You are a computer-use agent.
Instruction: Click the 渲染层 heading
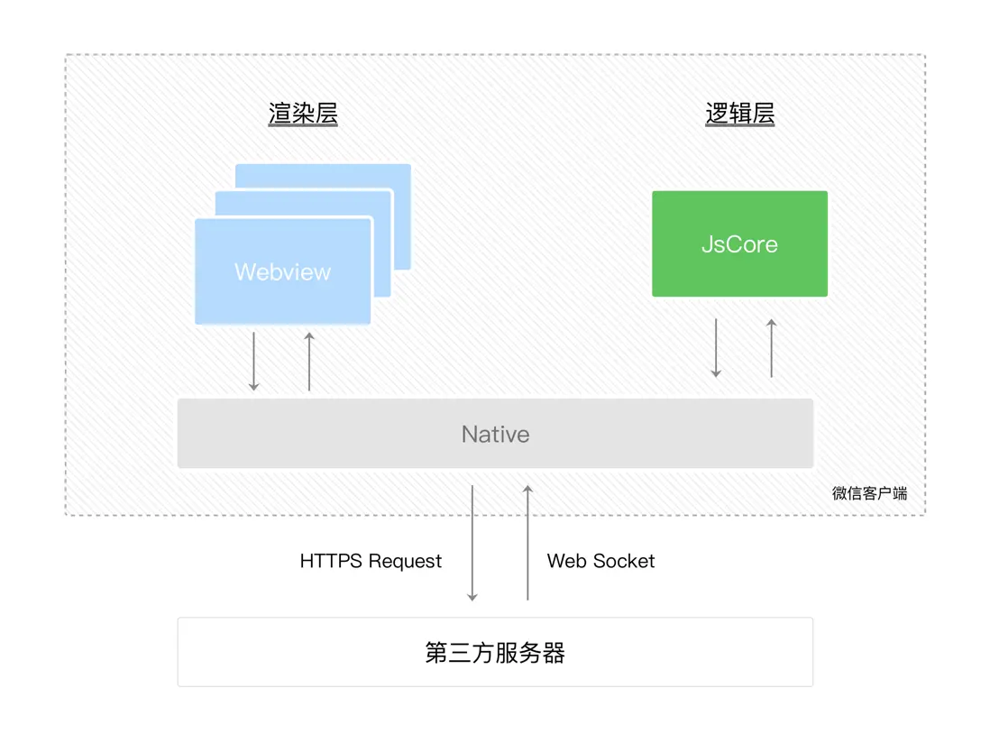(303, 114)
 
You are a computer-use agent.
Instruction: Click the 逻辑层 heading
(739, 114)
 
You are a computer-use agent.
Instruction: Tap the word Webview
(282, 271)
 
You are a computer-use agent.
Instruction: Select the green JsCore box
(739, 243)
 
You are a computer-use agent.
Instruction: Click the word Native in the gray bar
(495, 434)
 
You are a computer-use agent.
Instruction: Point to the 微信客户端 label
(869, 493)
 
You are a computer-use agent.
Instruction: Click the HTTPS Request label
(371, 561)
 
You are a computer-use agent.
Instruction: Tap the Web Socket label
(600, 561)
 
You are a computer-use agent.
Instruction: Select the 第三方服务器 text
(495, 652)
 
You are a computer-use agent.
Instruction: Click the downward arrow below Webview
(253, 361)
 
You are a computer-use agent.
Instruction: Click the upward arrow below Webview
(309, 361)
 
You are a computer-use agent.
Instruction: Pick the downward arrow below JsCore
(716, 347)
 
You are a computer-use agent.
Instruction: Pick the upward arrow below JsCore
(772, 347)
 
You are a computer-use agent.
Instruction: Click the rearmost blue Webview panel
(401, 176)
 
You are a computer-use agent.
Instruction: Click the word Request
(405, 561)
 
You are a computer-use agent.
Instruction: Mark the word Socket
(624, 561)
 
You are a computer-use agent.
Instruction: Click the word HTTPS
(331, 561)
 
